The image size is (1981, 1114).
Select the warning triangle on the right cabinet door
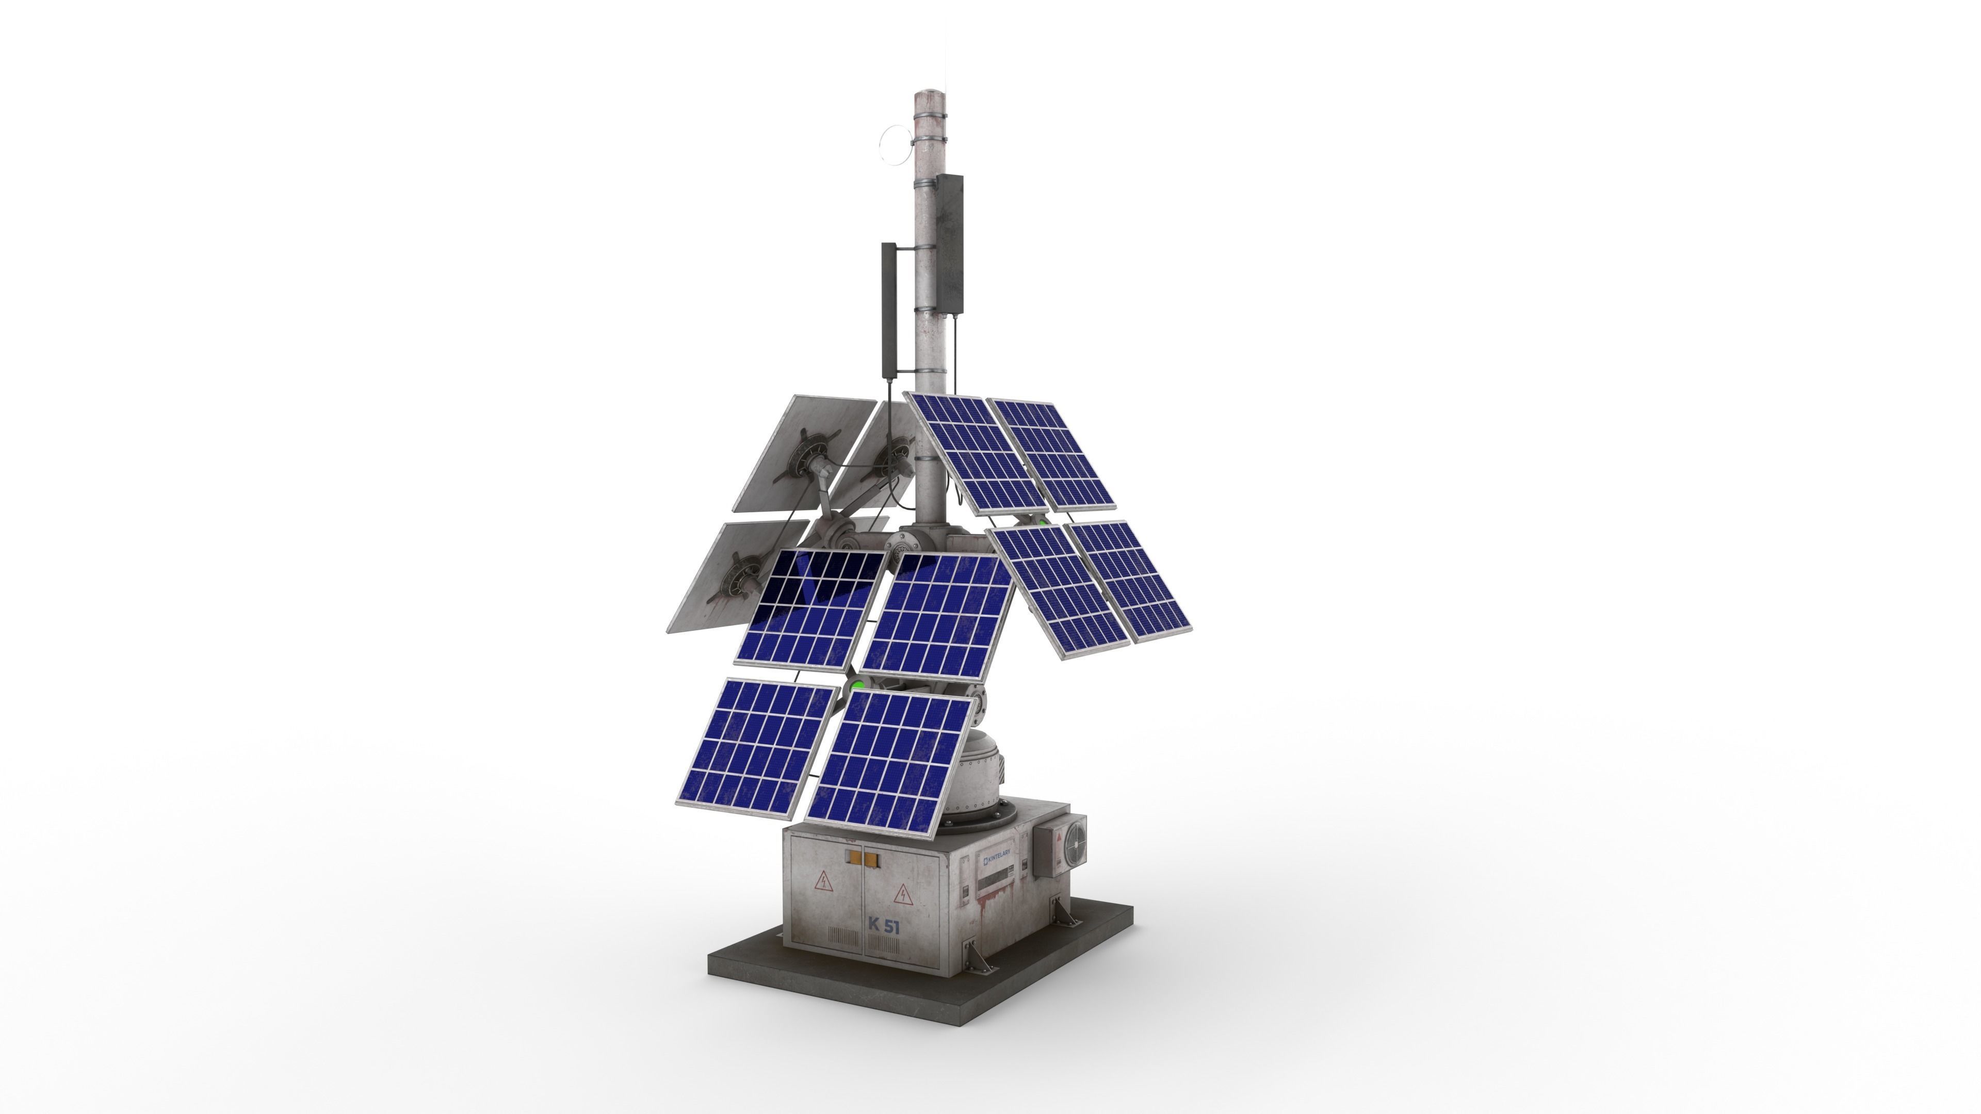(x=903, y=895)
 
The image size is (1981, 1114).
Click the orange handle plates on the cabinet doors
(x=862, y=855)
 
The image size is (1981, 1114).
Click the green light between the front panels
(x=854, y=682)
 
